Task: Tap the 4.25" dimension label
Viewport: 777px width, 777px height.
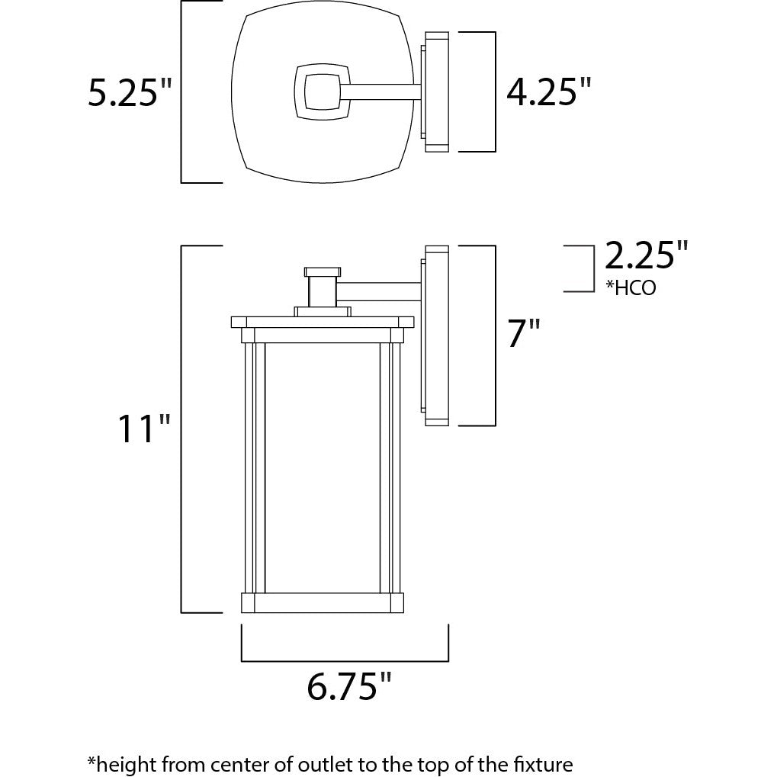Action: (548, 92)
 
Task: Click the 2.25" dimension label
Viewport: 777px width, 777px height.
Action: (646, 255)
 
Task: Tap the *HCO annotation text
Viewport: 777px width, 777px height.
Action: (631, 287)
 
